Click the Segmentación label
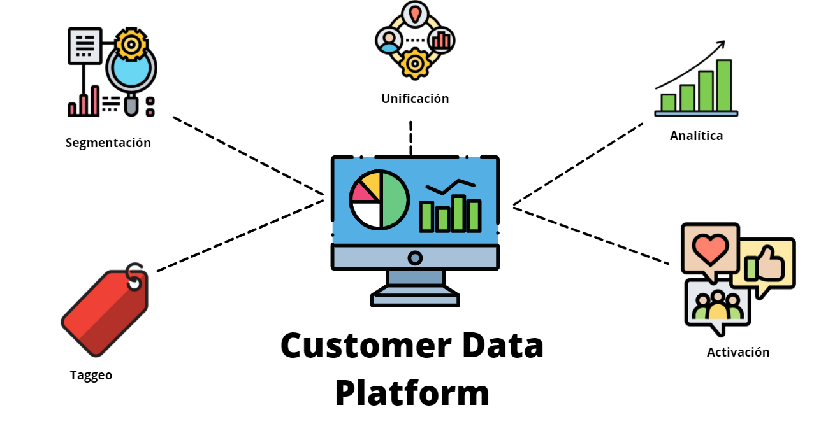108,143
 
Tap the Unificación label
415,99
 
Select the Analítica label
696,136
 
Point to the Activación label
738,352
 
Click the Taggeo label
91,376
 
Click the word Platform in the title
412,393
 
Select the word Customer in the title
358,346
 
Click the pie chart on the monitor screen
379,200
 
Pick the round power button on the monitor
415,258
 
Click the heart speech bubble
709,250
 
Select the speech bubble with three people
718,306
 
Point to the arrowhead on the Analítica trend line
721,45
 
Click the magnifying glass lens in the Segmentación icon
131,72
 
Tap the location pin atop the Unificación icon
415,13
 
